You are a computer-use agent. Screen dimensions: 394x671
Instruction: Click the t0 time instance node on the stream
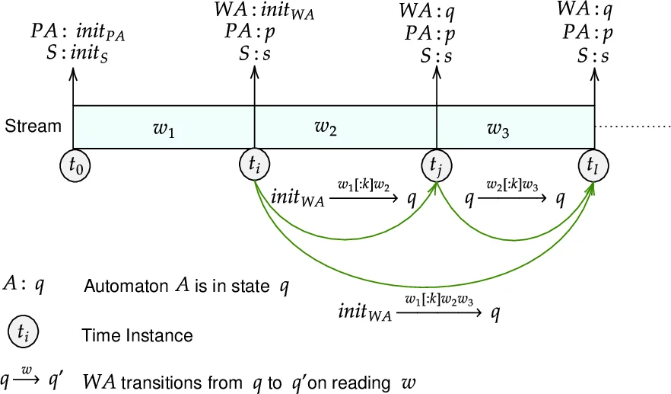73,164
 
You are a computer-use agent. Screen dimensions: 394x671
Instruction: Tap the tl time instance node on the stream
593,164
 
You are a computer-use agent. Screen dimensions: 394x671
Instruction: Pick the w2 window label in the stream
326,127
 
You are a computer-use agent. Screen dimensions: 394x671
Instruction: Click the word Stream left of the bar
33,127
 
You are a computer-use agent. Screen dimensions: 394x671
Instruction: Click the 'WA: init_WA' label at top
265,13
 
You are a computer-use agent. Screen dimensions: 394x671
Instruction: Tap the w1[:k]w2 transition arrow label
364,185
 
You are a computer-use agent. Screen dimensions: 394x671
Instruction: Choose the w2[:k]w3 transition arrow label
513,185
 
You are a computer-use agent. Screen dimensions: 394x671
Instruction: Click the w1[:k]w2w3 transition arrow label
439,300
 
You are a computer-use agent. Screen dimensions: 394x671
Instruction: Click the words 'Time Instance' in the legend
137,335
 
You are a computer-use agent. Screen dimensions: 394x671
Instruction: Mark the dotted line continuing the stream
633,127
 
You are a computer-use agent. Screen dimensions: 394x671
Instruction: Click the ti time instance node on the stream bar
253,164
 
